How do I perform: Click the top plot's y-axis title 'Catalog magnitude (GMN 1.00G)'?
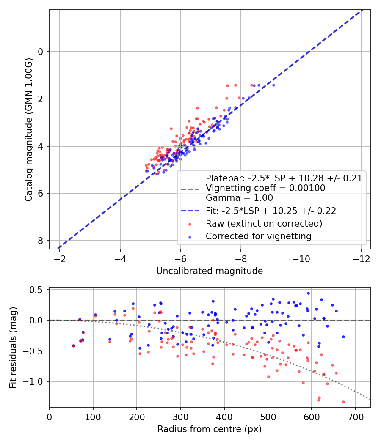click(x=29, y=130)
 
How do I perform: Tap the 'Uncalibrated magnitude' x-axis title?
click(x=210, y=271)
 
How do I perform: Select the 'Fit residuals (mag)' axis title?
click(x=13, y=348)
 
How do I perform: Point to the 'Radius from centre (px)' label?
click(x=210, y=429)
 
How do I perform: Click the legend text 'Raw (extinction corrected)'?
click(x=264, y=224)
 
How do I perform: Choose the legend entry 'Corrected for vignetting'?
click(x=259, y=236)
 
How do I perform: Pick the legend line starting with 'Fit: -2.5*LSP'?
click(x=271, y=211)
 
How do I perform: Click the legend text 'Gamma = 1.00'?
click(x=239, y=197)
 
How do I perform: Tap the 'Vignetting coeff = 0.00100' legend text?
click(x=265, y=188)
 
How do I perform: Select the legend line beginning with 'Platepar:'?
click(x=284, y=178)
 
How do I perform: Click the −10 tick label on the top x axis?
click(x=301, y=259)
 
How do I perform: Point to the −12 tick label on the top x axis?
click(x=361, y=259)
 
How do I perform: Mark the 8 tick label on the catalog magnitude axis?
click(x=41, y=241)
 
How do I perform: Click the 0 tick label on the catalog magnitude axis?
click(x=41, y=52)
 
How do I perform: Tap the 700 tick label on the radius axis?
click(x=355, y=417)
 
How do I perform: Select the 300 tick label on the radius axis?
click(x=180, y=417)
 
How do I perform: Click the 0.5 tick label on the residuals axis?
click(x=36, y=290)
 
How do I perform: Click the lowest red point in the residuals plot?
click(x=343, y=402)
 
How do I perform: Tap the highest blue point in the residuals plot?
click(x=309, y=293)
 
